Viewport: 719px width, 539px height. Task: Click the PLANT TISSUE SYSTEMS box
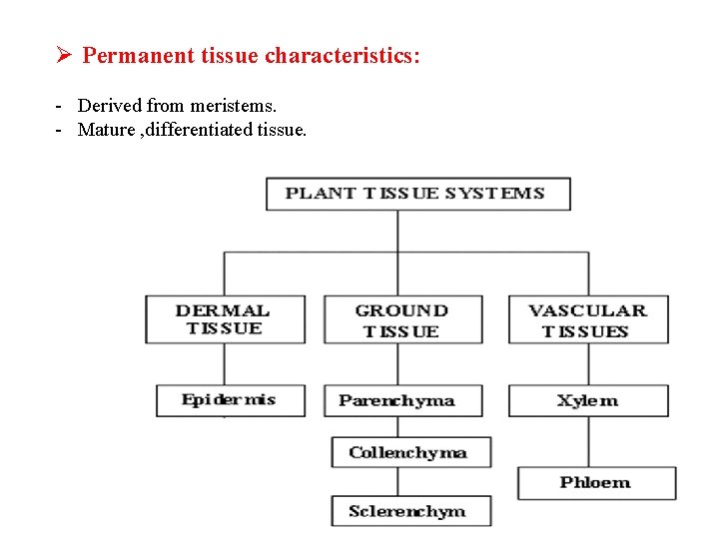tap(417, 194)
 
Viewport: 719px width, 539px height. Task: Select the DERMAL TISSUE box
tap(225, 319)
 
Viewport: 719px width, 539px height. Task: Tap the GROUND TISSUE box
tap(402, 319)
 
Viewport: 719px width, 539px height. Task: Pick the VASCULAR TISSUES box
tap(587, 319)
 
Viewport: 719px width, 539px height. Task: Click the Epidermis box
tap(230, 400)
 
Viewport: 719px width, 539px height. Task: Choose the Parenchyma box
tap(401, 400)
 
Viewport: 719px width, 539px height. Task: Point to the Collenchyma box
tap(410, 452)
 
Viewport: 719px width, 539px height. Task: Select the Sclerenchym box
tap(410, 511)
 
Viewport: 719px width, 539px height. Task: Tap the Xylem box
tap(587, 400)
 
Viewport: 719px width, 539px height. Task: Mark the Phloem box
tap(595, 483)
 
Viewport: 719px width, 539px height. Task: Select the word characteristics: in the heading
tap(343, 55)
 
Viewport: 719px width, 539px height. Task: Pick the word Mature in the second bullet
tap(105, 130)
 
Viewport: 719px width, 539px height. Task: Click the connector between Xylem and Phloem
tap(587, 441)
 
